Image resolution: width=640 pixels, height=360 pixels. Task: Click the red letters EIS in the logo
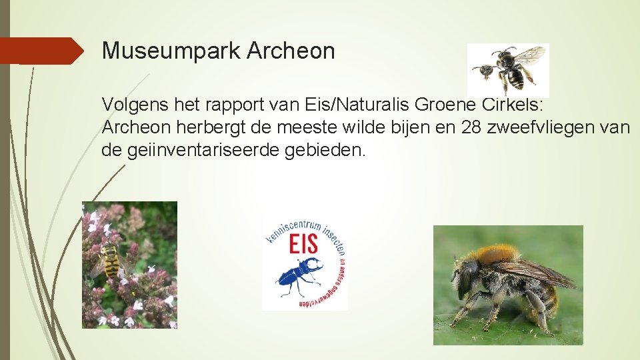pyautogui.click(x=304, y=245)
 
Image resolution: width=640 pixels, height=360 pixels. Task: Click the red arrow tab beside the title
pyautogui.click(x=43, y=51)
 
